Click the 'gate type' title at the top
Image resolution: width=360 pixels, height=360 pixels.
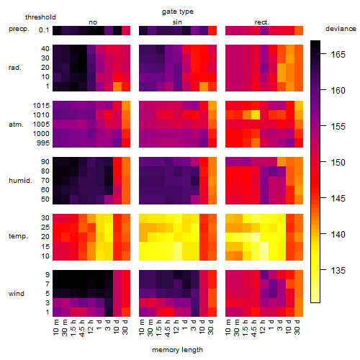(x=178, y=12)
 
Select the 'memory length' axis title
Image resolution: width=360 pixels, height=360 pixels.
(x=177, y=350)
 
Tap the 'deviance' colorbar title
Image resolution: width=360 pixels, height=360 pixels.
(x=341, y=29)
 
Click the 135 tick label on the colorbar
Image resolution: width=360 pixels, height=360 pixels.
(x=338, y=271)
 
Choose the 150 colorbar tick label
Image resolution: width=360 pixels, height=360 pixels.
(x=338, y=163)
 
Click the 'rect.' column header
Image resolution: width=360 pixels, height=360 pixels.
(x=262, y=22)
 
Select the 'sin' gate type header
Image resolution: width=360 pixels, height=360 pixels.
(x=177, y=22)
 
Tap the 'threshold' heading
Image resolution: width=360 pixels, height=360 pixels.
(x=40, y=17)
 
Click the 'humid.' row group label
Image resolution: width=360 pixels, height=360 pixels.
(x=20, y=181)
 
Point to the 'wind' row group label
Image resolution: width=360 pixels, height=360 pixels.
(x=17, y=294)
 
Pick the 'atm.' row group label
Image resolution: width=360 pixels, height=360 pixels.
(x=16, y=125)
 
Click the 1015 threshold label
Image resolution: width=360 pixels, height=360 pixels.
(x=41, y=106)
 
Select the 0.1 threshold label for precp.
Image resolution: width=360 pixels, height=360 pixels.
(x=44, y=30)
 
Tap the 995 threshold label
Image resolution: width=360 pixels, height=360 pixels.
(x=43, y=143)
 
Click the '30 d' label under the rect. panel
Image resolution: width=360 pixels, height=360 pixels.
(x=297, y=327)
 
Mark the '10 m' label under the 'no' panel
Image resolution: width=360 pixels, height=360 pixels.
(x=55, y=328)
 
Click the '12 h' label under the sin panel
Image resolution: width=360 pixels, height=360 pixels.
(x=176, y=327)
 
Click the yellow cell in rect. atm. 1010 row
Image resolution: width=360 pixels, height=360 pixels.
(x=256, y=115)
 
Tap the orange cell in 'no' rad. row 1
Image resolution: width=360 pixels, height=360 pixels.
(x=117, y=86)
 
